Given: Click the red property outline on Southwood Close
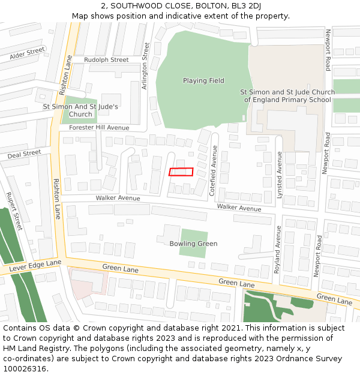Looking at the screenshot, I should pos(181,172).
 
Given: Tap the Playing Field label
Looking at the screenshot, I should pos(203,80).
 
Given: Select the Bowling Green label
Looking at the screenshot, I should pos(193,244).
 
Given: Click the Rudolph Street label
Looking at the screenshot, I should pos(106,60).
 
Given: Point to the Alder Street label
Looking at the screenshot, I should pos(27,53).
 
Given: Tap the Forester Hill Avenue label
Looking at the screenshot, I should pos(99,128).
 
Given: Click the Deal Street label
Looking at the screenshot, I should pos(24,154).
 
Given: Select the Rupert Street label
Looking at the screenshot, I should pos(14,211).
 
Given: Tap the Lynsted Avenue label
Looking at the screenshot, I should pos(279,170).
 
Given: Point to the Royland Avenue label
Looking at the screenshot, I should pos(277,249).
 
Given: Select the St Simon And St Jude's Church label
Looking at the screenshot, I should pos(80,110).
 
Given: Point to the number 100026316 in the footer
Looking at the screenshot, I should pos(24,369).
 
